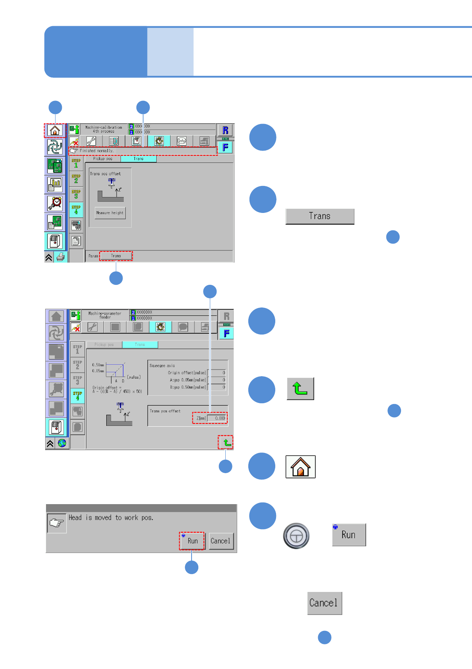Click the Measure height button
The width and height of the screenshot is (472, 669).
[110, 213]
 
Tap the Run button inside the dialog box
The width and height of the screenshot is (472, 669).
[192, 541]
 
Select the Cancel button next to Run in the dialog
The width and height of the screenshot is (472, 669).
[221, 541]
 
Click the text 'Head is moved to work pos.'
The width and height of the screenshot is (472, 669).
[111, 518]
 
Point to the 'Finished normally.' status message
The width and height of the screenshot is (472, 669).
[96, 151]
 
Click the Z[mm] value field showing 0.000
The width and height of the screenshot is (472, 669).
[217, 418]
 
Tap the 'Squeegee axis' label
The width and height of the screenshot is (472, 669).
[162, 365]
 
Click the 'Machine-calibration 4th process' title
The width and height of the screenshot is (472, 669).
[104, 130]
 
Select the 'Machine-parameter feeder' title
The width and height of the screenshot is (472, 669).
[105, 315]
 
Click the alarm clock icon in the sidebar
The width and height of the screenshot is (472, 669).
[55, 203]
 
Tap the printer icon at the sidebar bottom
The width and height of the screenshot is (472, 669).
[61, 257]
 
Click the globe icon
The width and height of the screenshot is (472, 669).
[62, 443]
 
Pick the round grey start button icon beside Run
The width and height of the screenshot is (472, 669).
[296, 536]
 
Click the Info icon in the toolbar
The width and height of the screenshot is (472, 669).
[182, 141]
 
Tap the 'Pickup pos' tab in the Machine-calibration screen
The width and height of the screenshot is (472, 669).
[103, 159]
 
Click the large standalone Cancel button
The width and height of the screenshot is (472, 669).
[324, 603]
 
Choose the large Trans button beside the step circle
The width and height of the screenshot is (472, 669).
[320, 216]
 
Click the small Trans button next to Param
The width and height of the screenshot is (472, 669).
[116, 256]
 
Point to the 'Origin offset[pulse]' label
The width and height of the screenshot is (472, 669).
[186, 373]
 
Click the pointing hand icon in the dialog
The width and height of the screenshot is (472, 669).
[57, 523]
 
